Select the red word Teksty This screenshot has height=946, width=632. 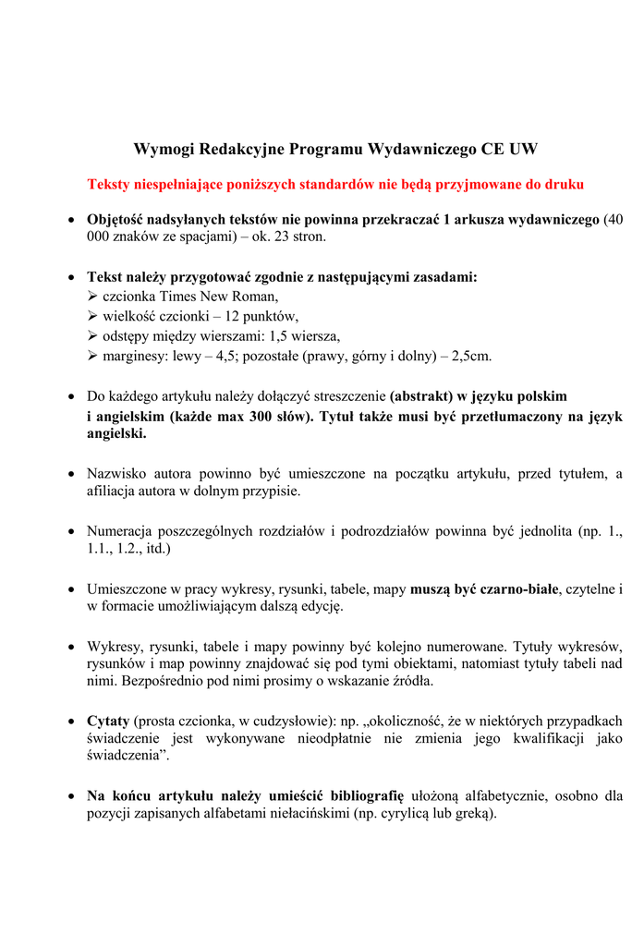pos(108,184)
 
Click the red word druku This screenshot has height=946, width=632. pos(563,184)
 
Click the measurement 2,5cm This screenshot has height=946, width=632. pos(471,355)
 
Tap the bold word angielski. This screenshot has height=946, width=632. pos(115,432)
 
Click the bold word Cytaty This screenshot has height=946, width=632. pos(108,721)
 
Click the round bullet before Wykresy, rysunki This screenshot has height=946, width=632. pos(72,646)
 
